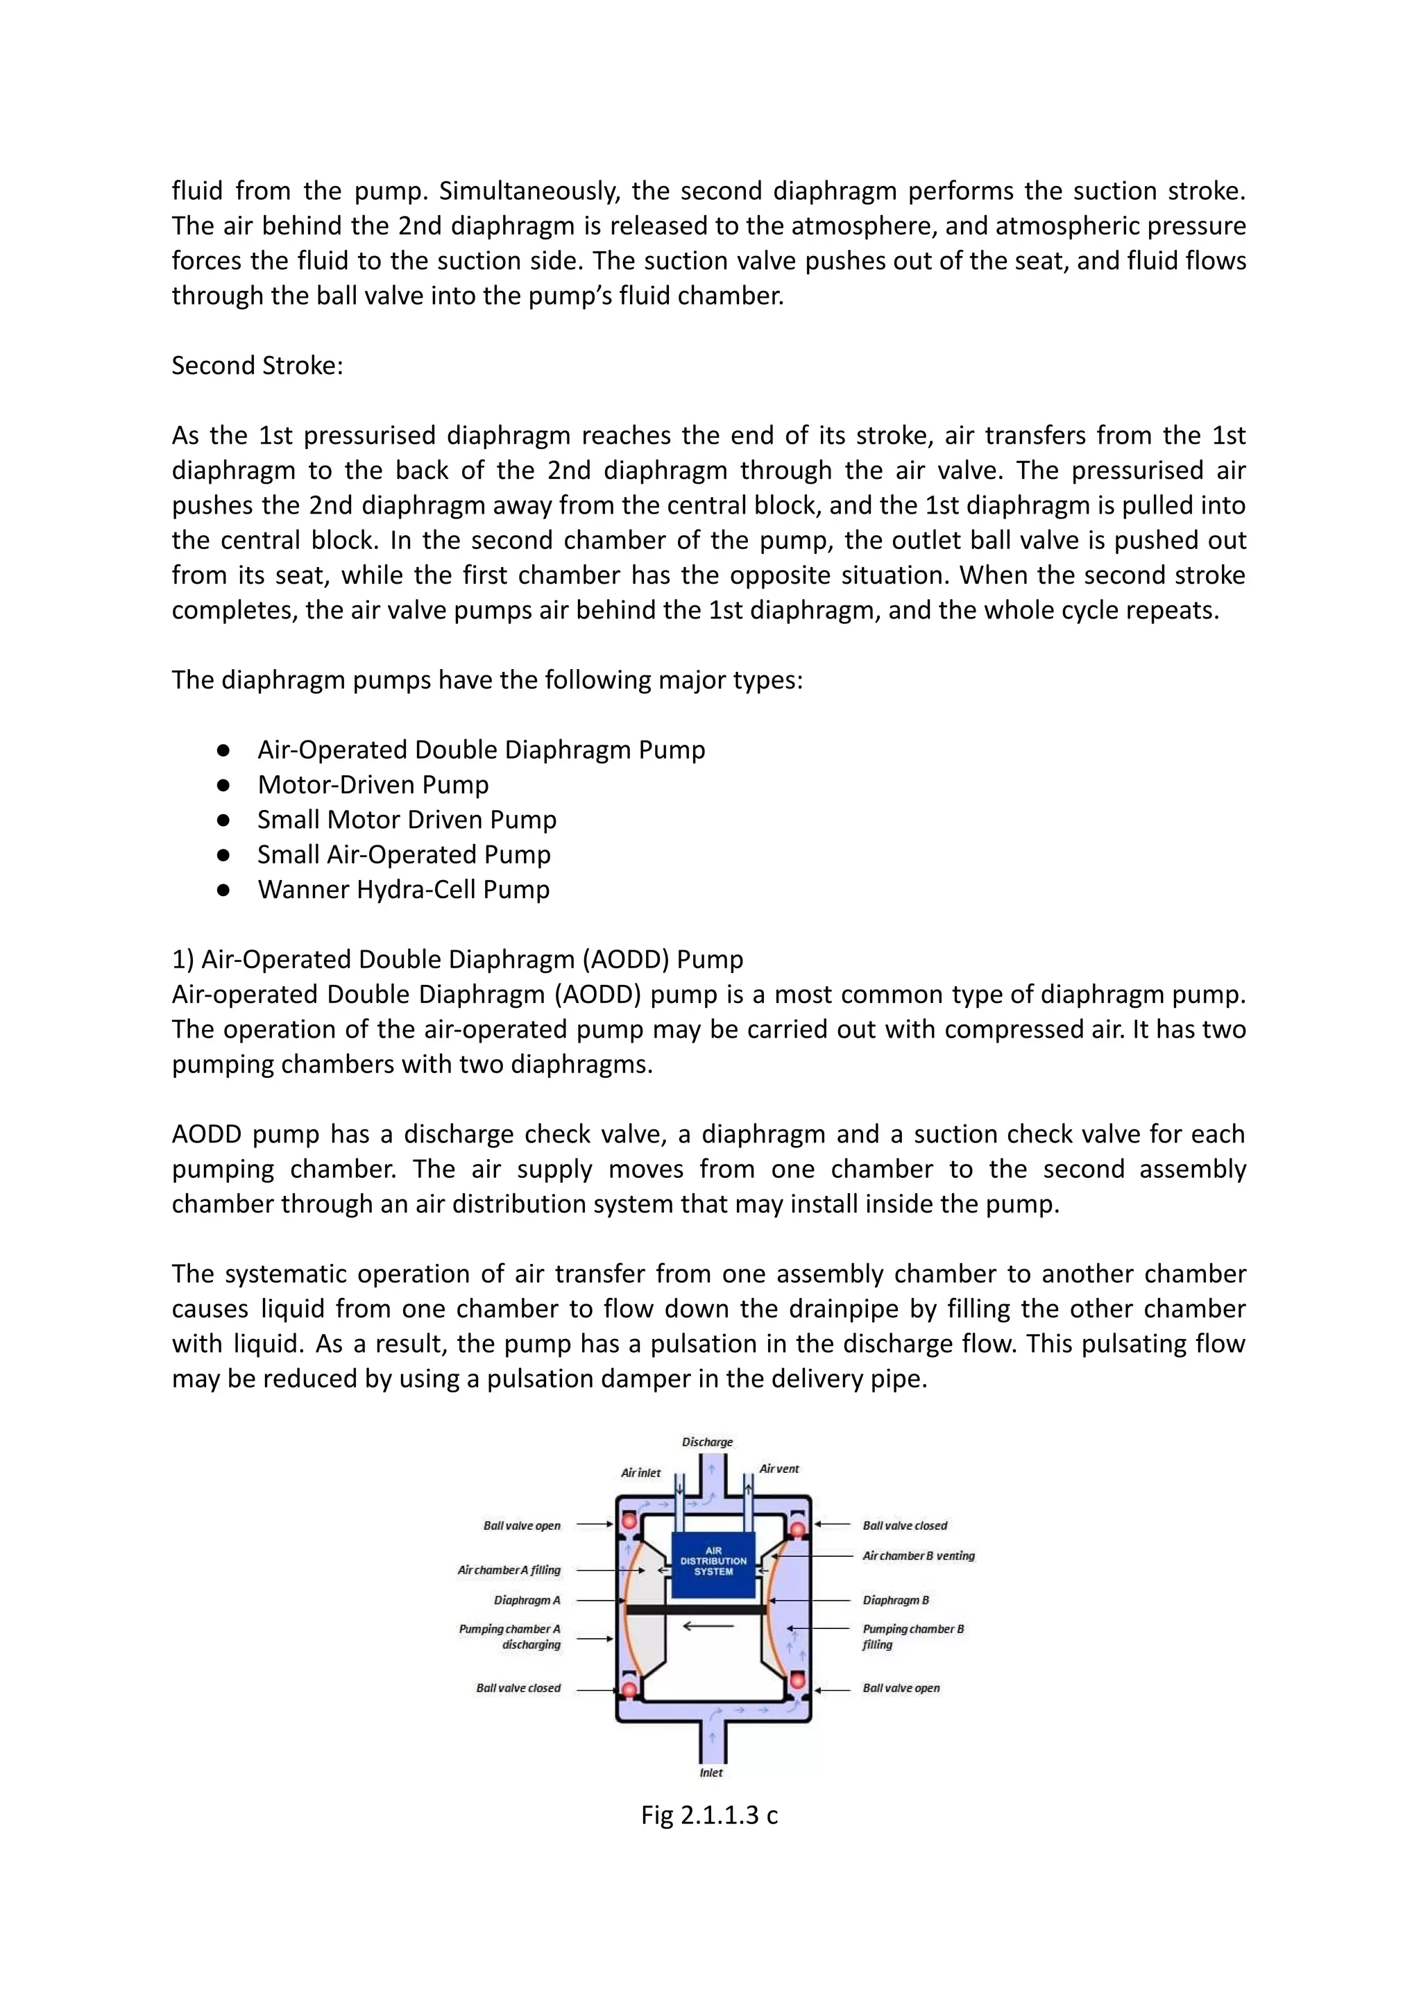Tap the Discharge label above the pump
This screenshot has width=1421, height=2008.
point(707,1442)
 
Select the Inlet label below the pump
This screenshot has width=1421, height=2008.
point(710,1773)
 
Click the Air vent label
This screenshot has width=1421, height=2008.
point(778,1469)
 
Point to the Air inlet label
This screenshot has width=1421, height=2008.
point(640,1472)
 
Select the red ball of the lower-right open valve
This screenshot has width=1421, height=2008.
point(797,1678)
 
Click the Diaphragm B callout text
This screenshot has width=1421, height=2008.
point(895,1600)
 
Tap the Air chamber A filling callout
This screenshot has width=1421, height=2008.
point(509,1569)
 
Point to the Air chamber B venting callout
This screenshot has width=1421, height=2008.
point(918,1555)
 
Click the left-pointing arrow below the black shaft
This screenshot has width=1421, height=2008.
point(708,1626)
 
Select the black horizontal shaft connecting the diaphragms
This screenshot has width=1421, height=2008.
point(696,1609)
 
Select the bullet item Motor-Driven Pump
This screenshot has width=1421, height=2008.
point(373,784)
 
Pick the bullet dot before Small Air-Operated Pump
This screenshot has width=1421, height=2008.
point(223,855)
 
